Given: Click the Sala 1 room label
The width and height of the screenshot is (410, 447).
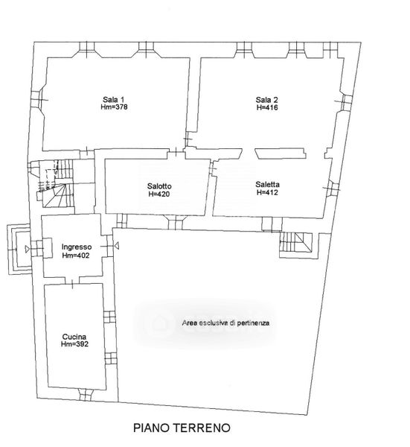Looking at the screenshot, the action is tap(114, 100).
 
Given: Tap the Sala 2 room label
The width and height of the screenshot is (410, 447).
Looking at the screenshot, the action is tap(266, 100).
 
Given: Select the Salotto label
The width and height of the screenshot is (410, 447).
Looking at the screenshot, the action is tap(159, 186).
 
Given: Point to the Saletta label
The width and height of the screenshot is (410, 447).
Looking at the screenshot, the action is tap(267, 185).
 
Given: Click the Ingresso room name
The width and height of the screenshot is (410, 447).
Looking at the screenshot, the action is tap(77, 247).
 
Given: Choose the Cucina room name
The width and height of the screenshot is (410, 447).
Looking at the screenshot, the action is tap(74, 337).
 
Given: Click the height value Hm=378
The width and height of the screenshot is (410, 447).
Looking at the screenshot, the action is tap(114, 107).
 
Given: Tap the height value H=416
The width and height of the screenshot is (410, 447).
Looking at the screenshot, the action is tap(267, 107).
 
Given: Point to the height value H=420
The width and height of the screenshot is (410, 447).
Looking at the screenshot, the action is tap(159, 194).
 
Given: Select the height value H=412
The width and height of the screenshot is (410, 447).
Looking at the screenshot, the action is tap(267, 192).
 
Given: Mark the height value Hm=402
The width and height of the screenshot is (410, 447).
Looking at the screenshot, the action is tap(76, 255).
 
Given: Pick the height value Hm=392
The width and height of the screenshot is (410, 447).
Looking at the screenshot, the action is tap(74, 344).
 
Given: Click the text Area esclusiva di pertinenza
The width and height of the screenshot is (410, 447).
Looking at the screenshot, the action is tap(225, 323).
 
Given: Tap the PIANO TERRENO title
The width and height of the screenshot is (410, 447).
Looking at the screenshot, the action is tap(182, 428).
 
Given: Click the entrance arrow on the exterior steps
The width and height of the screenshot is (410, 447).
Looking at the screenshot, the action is tap(27, 249).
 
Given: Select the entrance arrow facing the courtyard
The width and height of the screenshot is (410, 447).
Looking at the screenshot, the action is tap(116, 245).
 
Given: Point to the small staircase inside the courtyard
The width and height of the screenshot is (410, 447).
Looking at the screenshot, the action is tap(296, 242).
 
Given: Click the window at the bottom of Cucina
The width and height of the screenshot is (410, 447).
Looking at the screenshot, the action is tap(86, 395).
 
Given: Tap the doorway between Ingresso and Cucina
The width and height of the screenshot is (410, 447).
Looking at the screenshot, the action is tap(72, 280).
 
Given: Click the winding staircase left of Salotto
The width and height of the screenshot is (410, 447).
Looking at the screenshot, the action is tap(56, 183).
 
